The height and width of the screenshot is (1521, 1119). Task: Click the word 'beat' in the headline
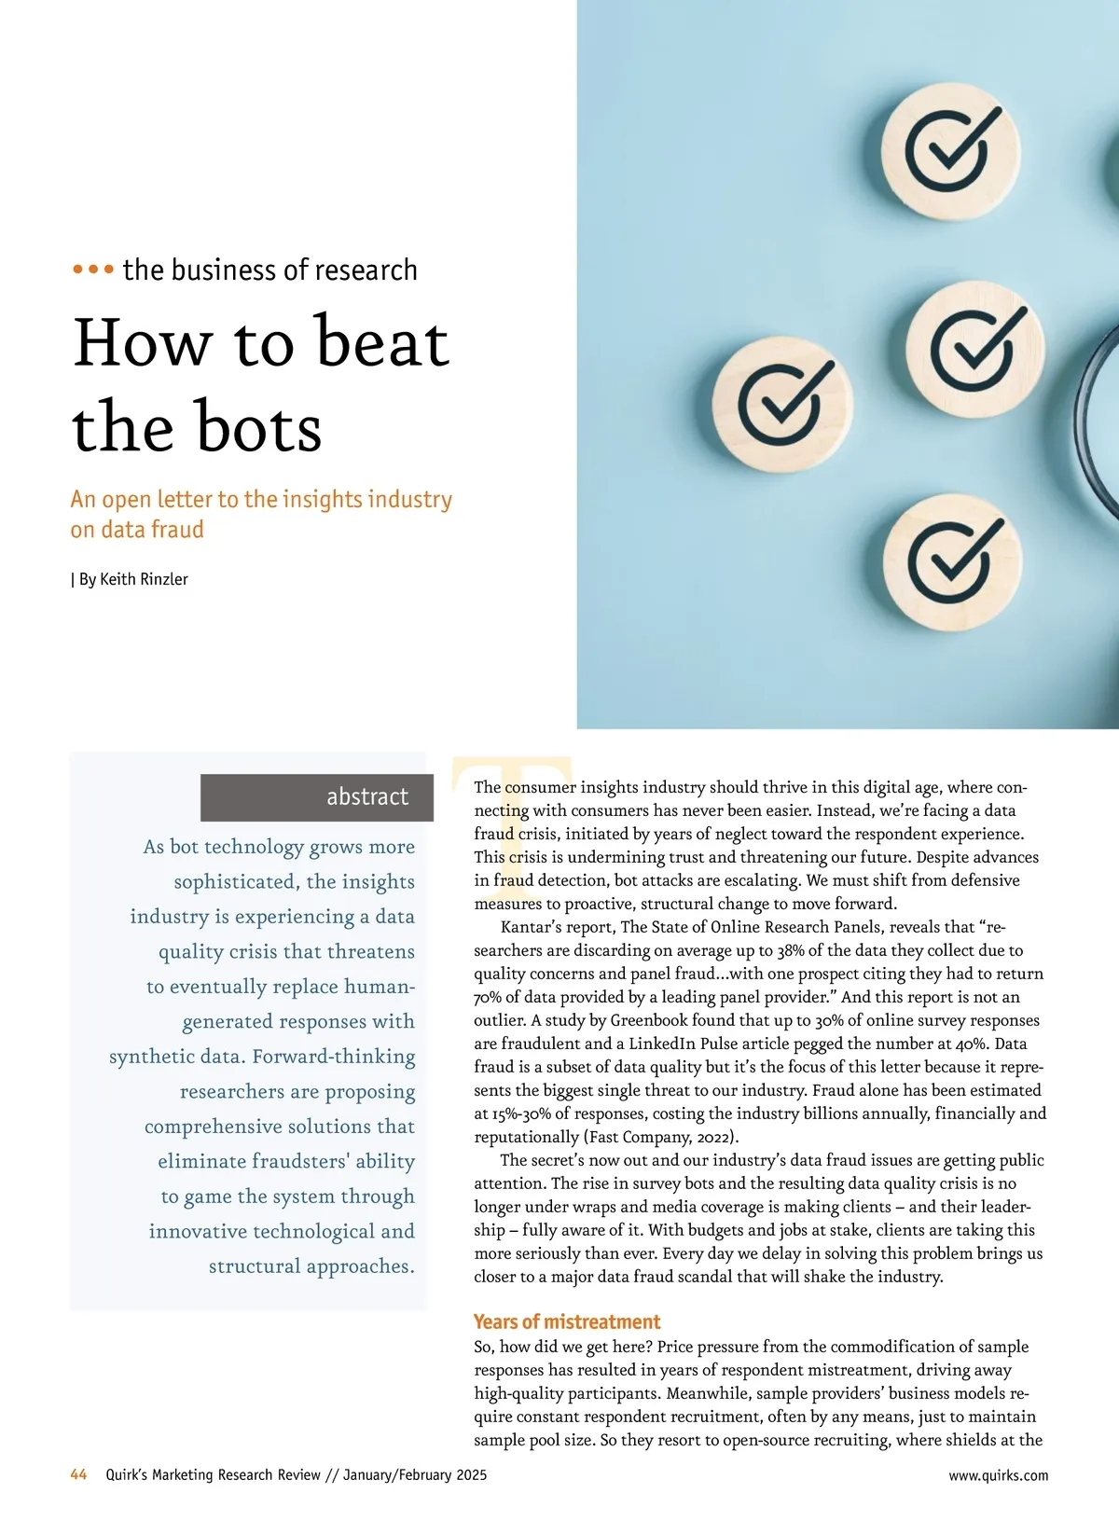(x=382, y=342)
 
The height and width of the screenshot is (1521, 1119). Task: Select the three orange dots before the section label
(x=93, y=270)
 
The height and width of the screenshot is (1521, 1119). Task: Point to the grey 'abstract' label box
(x=317, y=797)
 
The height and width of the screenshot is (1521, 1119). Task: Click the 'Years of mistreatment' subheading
(x=567, y=1321)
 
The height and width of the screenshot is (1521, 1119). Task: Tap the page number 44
(x=79, y=1474)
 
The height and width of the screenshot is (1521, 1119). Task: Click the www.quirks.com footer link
(x=998, y=1475)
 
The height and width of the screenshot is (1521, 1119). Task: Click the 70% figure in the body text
(x=488, y=997)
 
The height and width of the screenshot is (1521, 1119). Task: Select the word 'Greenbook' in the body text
(x=653, y=1020)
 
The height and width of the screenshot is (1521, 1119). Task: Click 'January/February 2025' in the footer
(x=415, y=1475)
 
